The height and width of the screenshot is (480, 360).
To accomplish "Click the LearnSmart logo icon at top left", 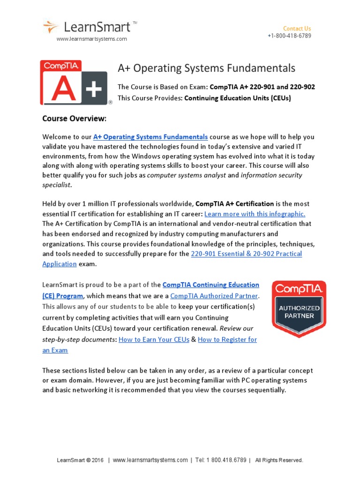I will point(51,26).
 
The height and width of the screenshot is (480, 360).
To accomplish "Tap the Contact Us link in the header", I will point(297,28).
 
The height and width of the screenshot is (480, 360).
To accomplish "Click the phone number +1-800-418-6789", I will point(289,36).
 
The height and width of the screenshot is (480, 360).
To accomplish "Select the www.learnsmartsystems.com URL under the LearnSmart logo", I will point(92,39).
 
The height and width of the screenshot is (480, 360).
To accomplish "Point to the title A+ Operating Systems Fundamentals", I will point(206,68).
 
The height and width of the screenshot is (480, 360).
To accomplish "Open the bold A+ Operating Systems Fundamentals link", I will point(150,137).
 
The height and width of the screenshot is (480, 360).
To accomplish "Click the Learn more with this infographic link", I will point(255,213).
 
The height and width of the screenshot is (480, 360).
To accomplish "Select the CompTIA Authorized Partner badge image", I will point(299,308).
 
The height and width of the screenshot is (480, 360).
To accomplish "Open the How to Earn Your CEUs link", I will point(154,339).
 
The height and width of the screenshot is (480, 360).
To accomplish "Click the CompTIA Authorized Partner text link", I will point(214,296).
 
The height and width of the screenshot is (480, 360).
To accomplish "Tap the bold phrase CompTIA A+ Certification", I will point(234,204).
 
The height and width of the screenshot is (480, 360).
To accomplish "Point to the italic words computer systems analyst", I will point(186,175).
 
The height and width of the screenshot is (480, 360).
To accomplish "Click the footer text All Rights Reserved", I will point(279,460).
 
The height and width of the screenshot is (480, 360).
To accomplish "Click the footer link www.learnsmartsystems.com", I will point(150,460).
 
